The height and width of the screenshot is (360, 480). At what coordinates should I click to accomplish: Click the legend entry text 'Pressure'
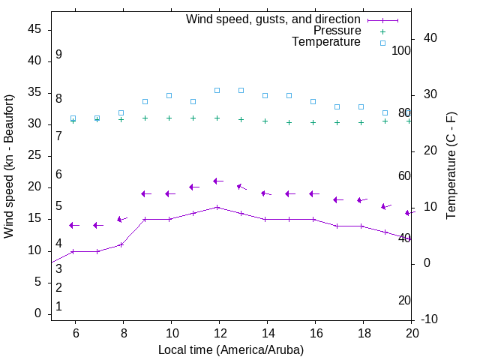tap(337, 31)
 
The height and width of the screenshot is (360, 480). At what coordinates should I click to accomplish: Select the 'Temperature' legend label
tap(326, 42)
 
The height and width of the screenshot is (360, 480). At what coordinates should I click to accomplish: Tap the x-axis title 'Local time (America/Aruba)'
tap(231, 350)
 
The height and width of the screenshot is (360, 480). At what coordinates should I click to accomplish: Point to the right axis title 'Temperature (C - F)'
tap(451, 166)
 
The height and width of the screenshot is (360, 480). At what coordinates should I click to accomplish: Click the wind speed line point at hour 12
tap(217, 207)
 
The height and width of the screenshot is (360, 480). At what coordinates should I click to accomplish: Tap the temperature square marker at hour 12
tap(217, 90)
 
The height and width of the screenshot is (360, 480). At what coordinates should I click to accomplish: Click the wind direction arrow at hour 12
tap(218, 181)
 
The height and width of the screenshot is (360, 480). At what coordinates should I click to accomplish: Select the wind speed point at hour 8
tap(121, 244)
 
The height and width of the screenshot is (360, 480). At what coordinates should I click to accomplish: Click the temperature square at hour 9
tap(145, 101)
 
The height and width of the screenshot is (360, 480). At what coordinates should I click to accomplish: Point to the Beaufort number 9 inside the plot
tap(58, 55)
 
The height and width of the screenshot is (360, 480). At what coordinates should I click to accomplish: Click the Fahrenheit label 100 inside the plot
tap(401, 50)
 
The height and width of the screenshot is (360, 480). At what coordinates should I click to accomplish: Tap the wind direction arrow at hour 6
tap(74, 225)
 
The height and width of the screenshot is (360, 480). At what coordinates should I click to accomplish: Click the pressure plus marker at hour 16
tap(313, 122)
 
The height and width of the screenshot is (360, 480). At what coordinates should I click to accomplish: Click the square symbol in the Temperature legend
tap(382, 43)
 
